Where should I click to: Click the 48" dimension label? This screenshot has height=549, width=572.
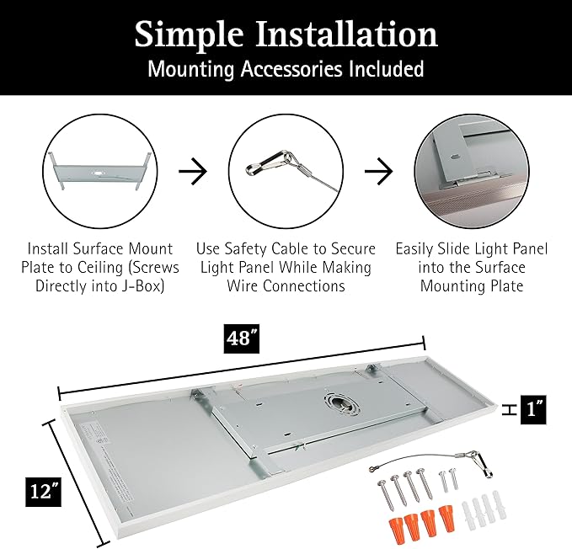(242, 338)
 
